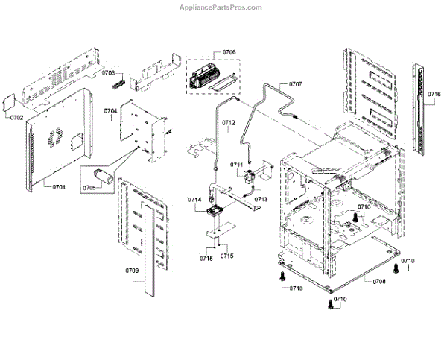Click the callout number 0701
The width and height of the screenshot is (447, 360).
59,187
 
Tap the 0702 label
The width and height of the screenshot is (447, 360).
16,118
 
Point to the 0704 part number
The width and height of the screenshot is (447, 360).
111,111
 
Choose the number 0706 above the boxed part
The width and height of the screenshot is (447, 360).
229,51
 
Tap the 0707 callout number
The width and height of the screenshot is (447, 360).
295,84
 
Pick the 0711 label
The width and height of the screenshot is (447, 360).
237,164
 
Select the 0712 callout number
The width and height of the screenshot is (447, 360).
228,122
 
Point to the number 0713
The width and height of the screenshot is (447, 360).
261,200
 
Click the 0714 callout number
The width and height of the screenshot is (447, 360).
195,200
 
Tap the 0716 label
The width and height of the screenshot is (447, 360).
434,94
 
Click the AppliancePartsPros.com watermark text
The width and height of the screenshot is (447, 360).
221,7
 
